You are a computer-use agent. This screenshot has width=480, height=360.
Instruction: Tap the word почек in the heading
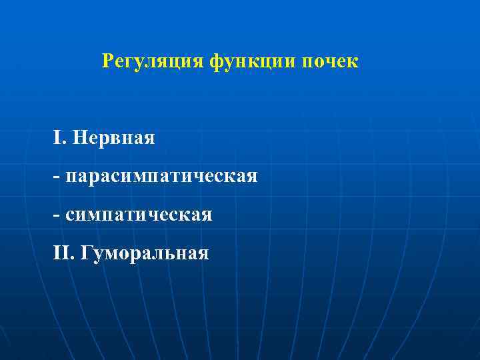332,62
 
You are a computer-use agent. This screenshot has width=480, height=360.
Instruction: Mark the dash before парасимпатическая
57,178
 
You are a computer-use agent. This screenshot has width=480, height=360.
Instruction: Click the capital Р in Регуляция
108,62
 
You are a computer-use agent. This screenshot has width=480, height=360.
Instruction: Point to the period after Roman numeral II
74,258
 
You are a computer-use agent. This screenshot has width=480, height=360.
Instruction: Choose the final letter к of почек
353,63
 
